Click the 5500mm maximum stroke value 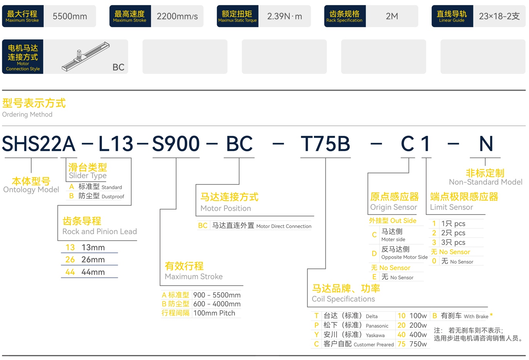click(70, 16)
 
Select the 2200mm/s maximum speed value click(177, 16)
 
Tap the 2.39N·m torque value click(285, 16)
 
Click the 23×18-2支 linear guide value click(499, 16)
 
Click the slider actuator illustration click(85, 56)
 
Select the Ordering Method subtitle click(27, 115)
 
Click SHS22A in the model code click(39, 144)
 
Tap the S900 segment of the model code click(176, 144)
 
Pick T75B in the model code click(325, 144)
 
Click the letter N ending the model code click(486, 144)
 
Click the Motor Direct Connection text click(284, 226)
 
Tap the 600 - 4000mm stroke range click(217, 304)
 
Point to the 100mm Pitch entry click(214, 313)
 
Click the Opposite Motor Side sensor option click(404, 257)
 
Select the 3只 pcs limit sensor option click(453, 242)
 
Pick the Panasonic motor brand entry click(377, 326)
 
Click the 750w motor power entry click(418, 344)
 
